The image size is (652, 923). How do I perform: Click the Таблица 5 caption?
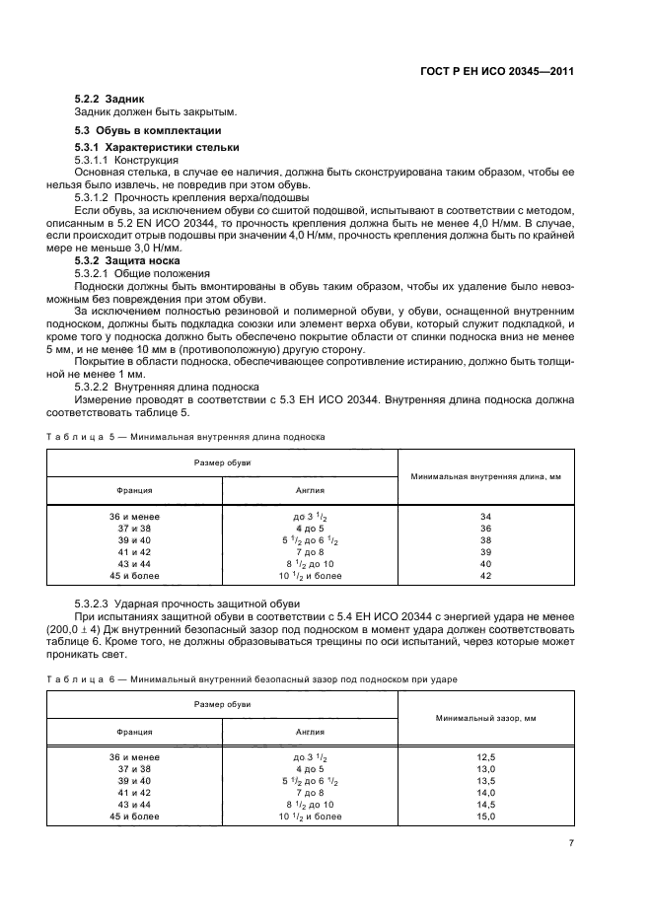[185, 435]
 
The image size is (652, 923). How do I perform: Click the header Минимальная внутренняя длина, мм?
[485, 476]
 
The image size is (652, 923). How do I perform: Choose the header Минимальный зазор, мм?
[485, 718]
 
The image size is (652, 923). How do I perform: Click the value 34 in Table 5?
[485, 516]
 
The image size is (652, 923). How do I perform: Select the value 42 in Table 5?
[485, 575]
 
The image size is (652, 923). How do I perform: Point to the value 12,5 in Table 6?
[485, 756]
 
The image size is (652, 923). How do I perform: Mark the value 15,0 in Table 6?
[485, 816]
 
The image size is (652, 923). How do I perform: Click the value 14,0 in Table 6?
[485, 793]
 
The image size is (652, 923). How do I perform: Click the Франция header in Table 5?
[134, 490]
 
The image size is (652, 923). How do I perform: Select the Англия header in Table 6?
[310, 732]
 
